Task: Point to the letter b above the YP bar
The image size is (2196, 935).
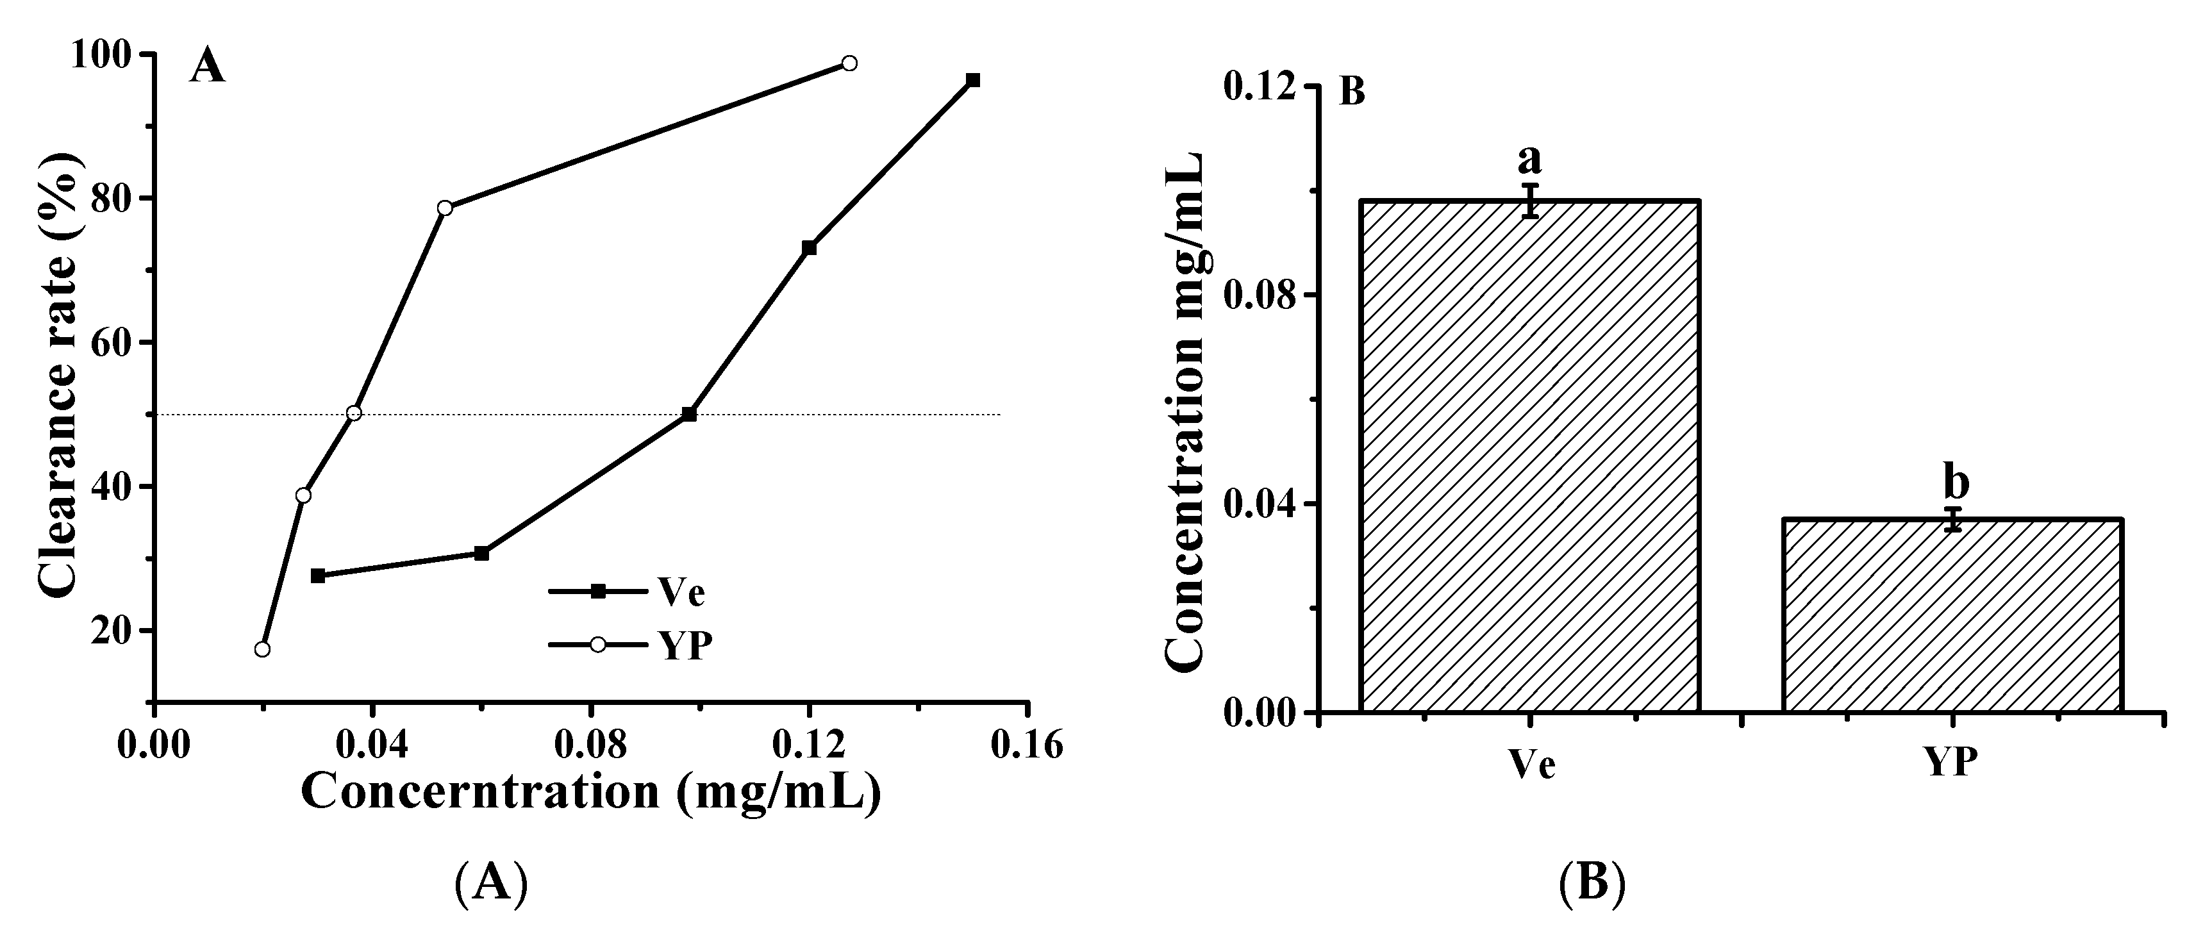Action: pyautogui.click(x=1956, y=483)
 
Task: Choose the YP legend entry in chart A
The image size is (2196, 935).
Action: pyautogui.click(x=685, y=645)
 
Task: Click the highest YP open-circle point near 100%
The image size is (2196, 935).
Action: pyautogui.click(x=849, y=63)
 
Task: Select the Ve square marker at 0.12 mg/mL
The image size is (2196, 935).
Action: pyautogui.click(x=809, y=248)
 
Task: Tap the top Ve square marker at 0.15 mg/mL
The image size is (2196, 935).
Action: pyautogui.click(x=972, y=80)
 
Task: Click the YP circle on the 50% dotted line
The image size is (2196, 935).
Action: pyautogui.click(x=354, y=413)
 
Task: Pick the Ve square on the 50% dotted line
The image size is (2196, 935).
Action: pyautogui.click(x=690, y=414)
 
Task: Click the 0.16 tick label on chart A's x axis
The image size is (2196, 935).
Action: pyautogui.click(x=1028, y=745)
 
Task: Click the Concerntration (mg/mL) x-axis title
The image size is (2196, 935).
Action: pyautogui.click(x=590, y=791)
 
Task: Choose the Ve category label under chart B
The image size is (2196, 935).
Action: pyautogui.click(x=1532, y=764)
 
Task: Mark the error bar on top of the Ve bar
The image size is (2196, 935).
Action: pyautogui.click(x=1531, y=201)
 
